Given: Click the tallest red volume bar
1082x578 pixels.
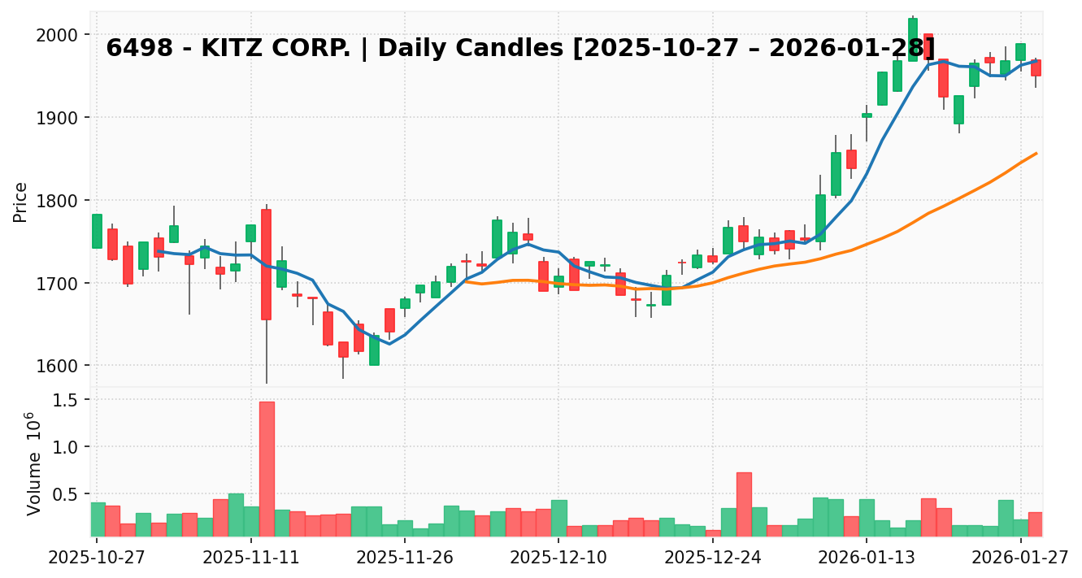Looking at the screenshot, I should pos(267,468).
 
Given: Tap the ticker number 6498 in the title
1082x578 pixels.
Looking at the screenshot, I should pos(140,49).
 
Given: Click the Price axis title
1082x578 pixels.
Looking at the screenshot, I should pos(20,202).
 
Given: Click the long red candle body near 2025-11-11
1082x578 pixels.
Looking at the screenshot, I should pos(266,264).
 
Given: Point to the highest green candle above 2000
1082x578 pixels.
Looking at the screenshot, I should pos(913,39).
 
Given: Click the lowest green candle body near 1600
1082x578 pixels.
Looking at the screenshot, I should pos(374,350).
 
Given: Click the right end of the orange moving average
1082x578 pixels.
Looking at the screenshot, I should pos(1036,153).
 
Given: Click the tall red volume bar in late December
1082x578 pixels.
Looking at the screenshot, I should pos(744,504).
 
